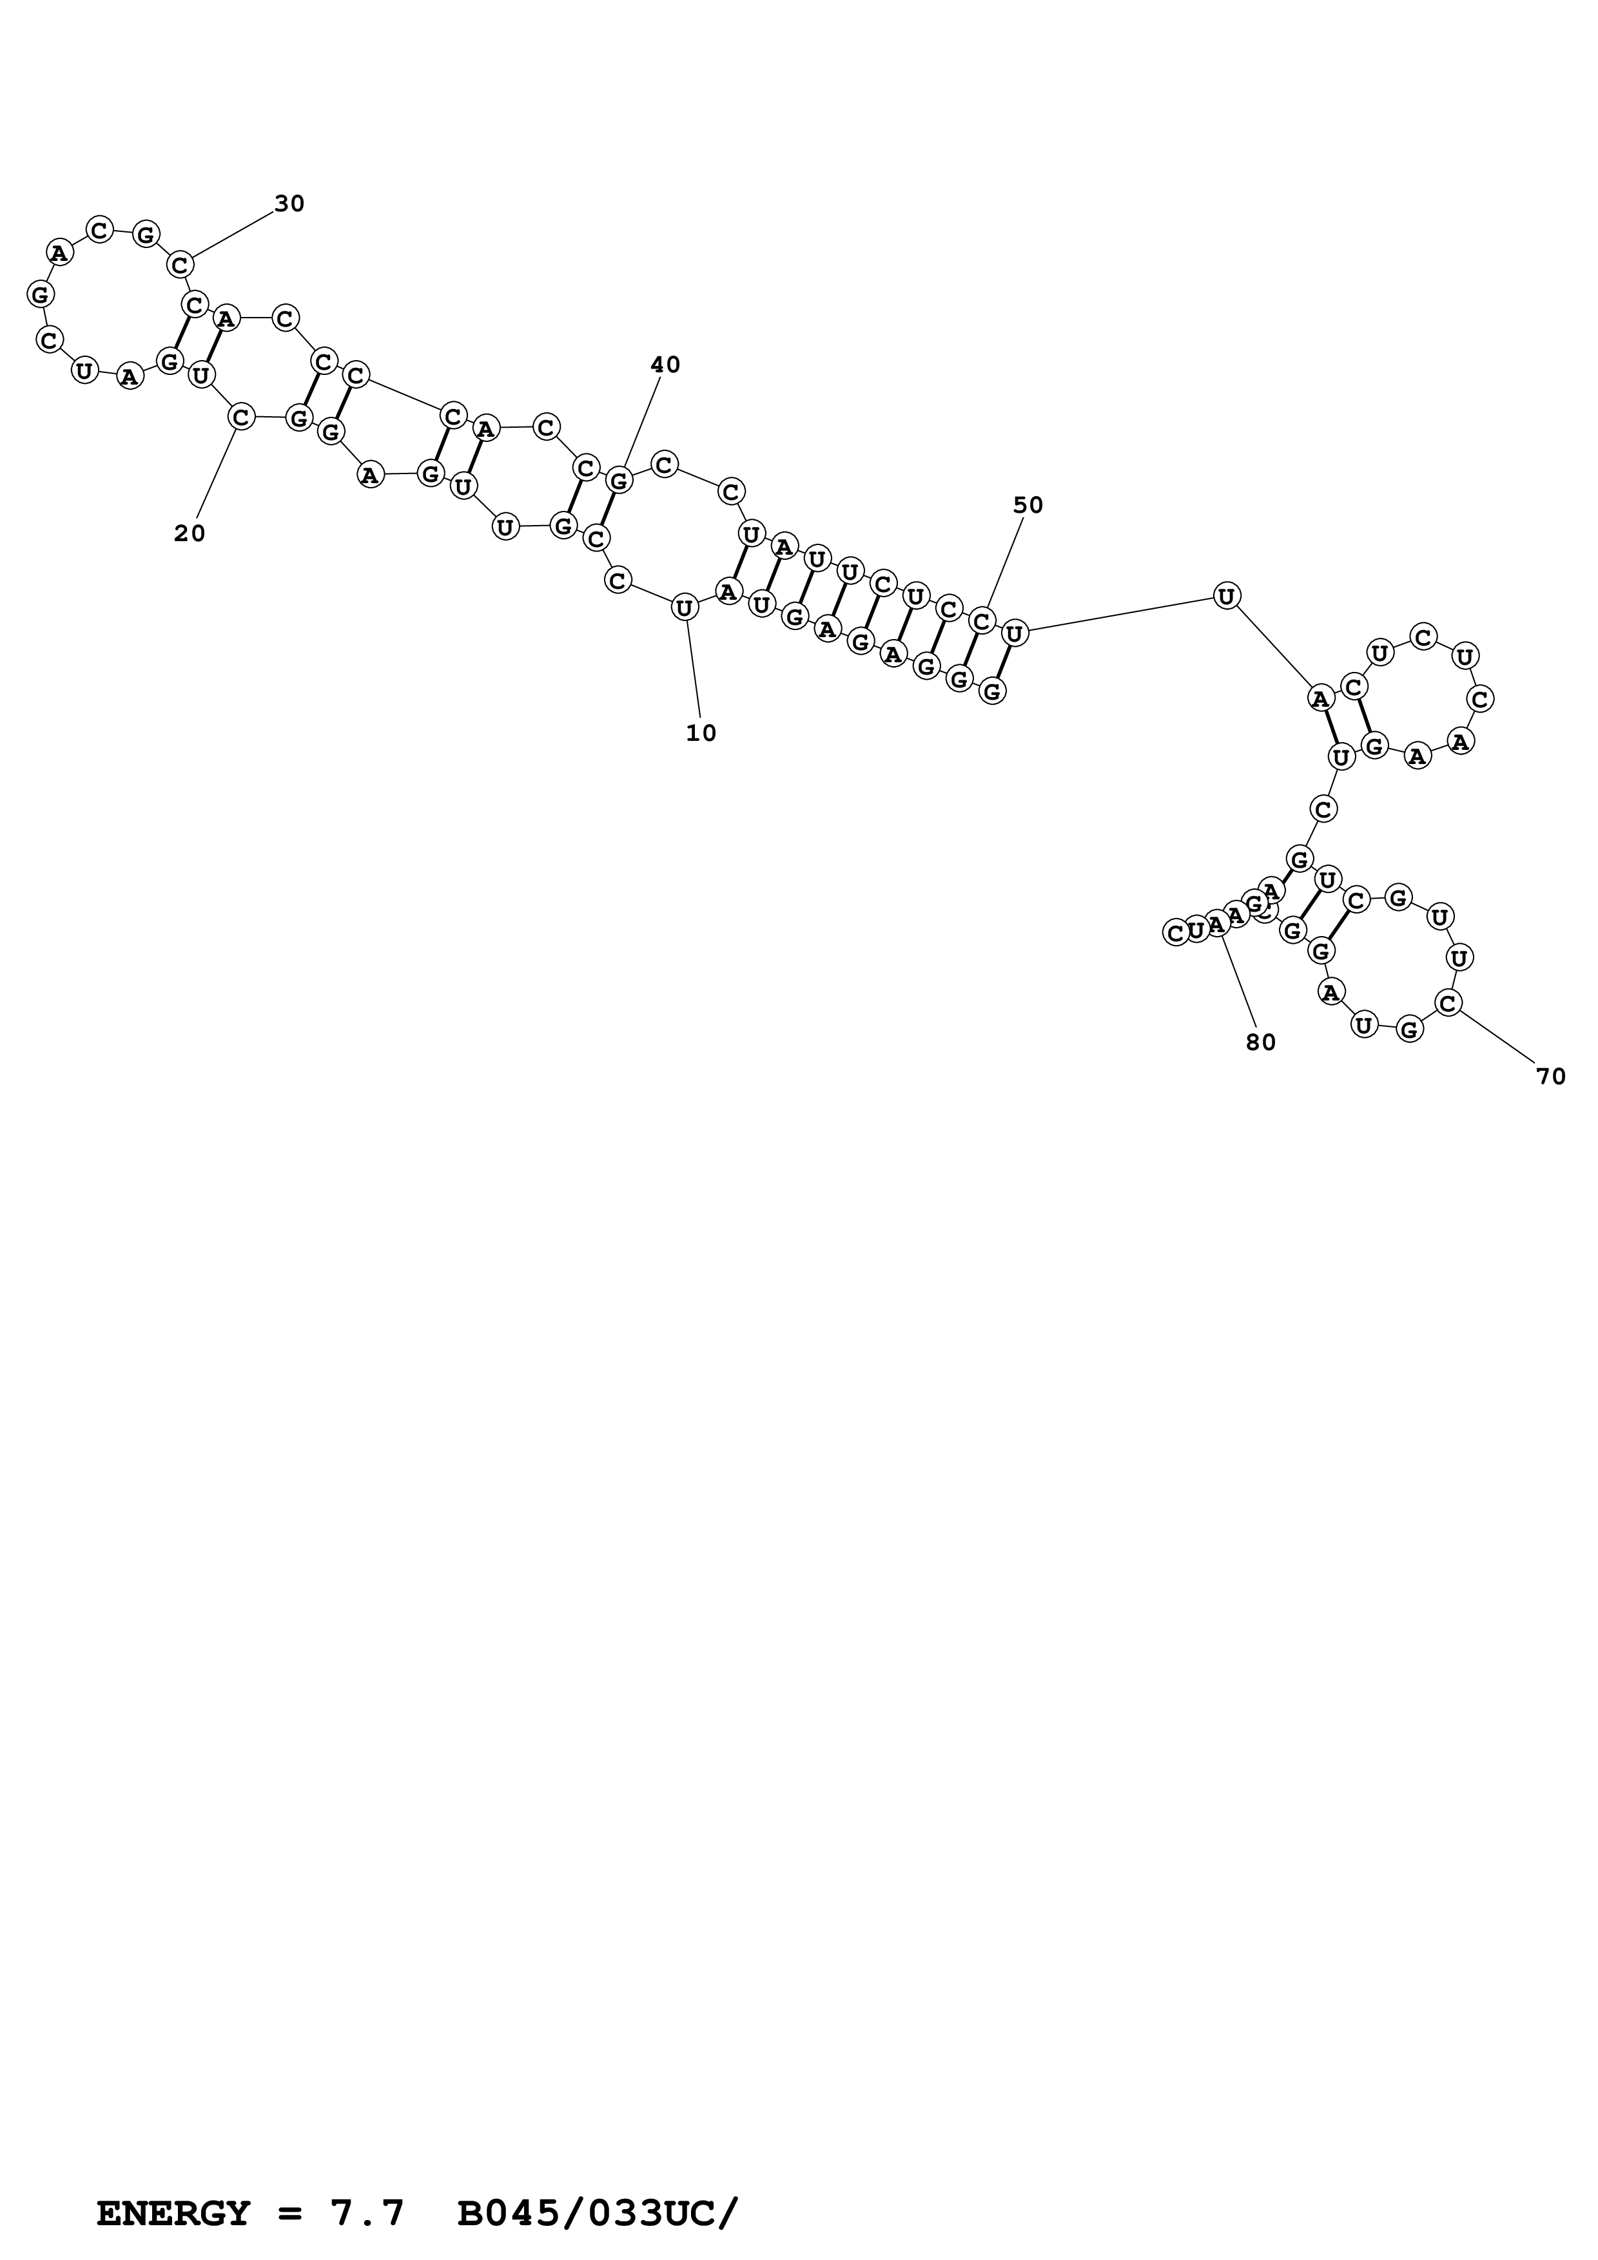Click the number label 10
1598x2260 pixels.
[701, 733]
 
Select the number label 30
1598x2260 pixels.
[289, 204]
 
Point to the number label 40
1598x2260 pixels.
[666, 365]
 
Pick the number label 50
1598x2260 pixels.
[1028, 506]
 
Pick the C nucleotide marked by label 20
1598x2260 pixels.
[240, 417]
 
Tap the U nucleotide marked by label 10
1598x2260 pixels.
[685, 608]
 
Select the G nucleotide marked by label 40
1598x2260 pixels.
[618, 481]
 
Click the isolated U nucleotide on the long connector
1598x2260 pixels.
[1226, 595]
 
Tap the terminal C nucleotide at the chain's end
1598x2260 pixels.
[1174, 932]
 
